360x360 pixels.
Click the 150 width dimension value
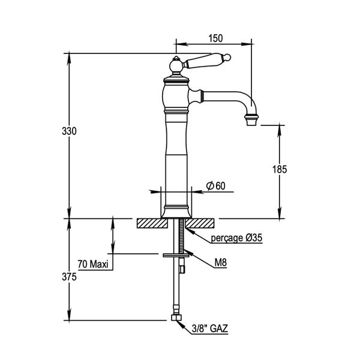216,38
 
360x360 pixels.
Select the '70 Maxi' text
92,263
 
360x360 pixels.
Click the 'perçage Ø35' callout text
237,238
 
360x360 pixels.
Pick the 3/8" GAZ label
209,329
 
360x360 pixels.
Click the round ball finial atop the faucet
176,65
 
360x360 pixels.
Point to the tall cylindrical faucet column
177,156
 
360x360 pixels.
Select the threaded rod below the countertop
178,240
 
